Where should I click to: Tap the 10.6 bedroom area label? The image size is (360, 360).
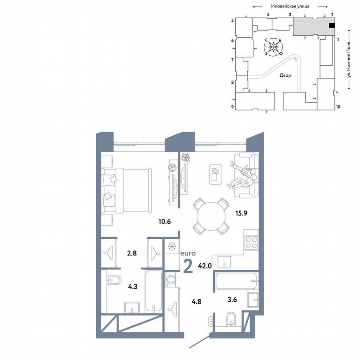pos(164,221)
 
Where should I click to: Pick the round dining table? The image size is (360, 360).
pos(210,215)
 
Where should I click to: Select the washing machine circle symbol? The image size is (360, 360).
pos(170,280)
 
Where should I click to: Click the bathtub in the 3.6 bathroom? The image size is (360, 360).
pos(235,282)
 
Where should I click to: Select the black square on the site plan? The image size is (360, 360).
pos(332,26)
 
